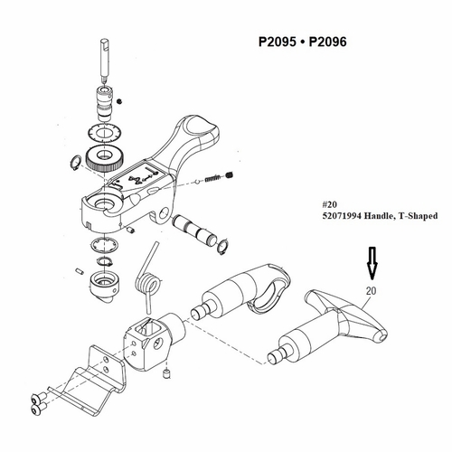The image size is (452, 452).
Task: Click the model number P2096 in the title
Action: point(327,42)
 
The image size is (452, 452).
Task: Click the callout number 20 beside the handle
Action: point(370,290)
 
